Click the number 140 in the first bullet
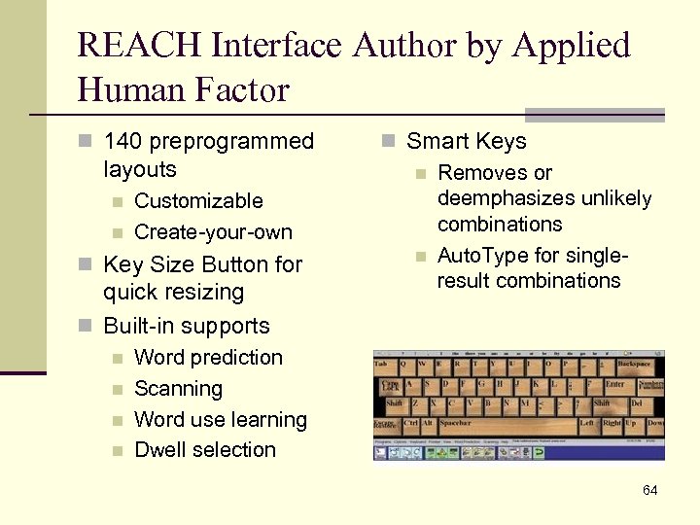pos(123,142)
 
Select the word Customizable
pos(198,201)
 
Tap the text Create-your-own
pos(213,232)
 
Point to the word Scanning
pos(178,389)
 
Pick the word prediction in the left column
pos(236,358)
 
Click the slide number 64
pos(649,490)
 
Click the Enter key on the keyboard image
pos(614,385)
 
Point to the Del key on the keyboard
pos(638,403)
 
